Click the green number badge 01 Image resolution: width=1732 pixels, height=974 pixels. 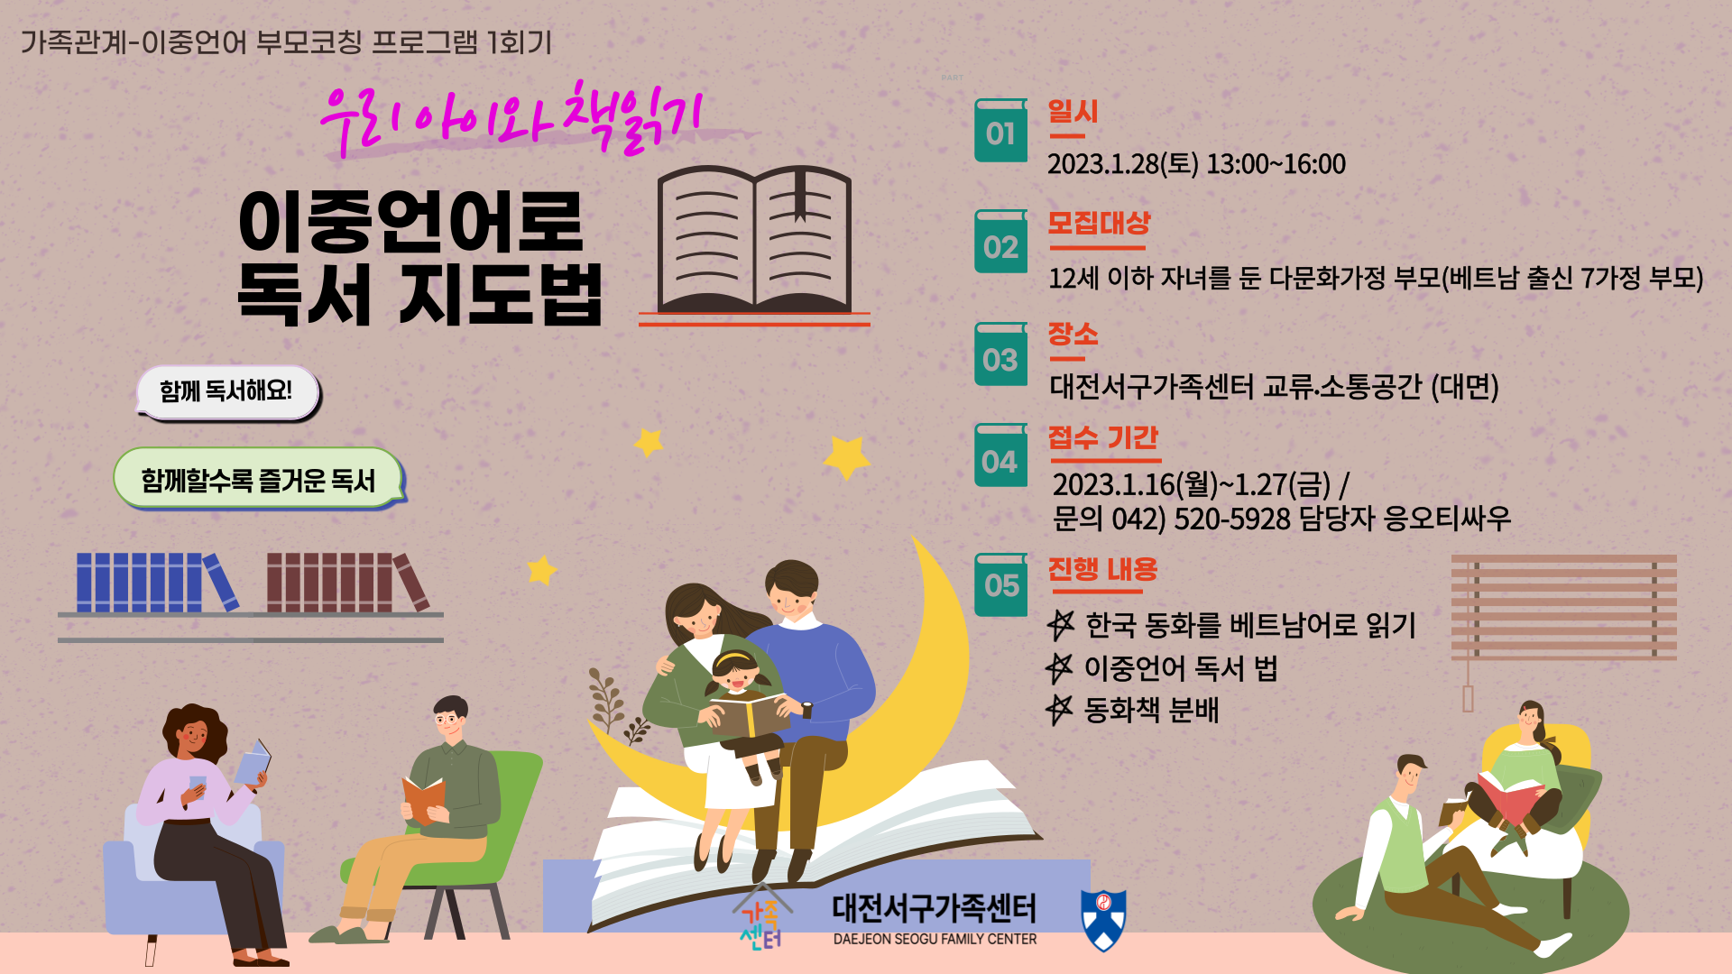click(x=1000, y=131)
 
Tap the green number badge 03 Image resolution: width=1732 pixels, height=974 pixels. click(x=1000, y=354)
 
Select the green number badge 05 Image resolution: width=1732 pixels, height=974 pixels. click(x=1000, y=584)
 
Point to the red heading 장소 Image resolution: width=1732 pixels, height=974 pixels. click(x=1073, y=334)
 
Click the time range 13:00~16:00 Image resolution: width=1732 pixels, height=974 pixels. click(x=1276, y=164)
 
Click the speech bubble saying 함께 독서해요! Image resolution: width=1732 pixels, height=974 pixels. click(x=227, y=391)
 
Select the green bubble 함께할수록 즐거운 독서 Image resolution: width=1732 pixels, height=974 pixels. click(x=258, y=479)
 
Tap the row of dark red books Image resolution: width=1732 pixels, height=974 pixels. click(x=345, y=583)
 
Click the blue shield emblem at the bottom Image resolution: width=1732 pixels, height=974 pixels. click(x=1103, y=920)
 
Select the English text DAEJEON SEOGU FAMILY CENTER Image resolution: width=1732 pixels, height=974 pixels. click(x=935, y=939)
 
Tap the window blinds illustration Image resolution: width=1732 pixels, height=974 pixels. click(x=1563, y=609)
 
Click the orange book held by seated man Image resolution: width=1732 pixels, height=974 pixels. click(x=423, y=799)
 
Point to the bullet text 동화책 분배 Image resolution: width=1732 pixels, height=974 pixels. click(x=1151, y=710)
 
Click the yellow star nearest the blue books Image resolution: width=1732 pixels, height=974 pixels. click(x=541, y=570)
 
